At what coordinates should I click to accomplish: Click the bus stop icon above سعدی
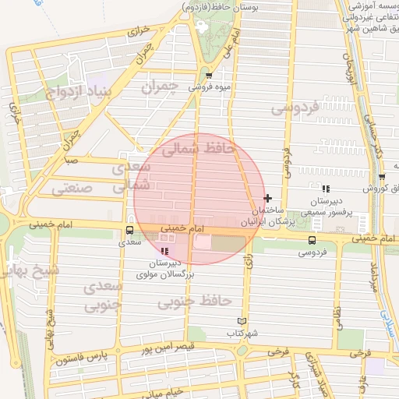pyautogui.click(x=129, y=230)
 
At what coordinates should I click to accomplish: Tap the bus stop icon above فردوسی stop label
pyautogui.click(x=312, y=240)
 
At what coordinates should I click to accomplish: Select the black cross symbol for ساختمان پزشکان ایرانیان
pyautogui.click(x=268, y=199)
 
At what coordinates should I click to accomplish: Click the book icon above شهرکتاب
pyautogui.click(x=242, y=321)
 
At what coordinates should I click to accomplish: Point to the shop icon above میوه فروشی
pyautogui.click(x=209, y=76)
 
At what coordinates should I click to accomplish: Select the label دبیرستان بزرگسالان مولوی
pyautogui.click(x=165, y=269)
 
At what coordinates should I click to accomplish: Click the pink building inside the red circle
pyautogui.click(x=202, y=243)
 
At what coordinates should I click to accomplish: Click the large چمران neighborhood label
pyautogui.click(x=161, y=85)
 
